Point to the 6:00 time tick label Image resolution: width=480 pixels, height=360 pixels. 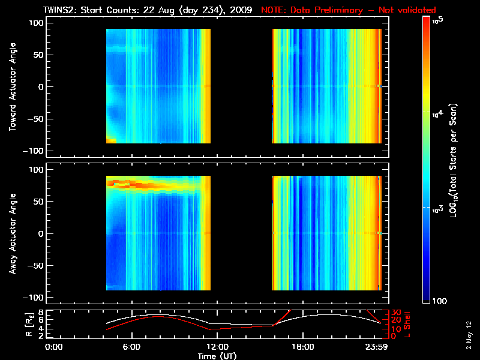click(131, 347)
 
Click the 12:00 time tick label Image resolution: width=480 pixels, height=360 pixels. click(217, 347)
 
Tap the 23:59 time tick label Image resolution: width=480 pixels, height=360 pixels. click(379, 347)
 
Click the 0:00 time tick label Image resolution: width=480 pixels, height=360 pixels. click(54, 347)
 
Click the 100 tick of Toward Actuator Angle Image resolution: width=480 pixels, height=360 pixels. click(37, 22)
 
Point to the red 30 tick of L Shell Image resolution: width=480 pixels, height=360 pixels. click(395, 313)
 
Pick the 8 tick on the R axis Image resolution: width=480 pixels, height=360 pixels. click(41, 313)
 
